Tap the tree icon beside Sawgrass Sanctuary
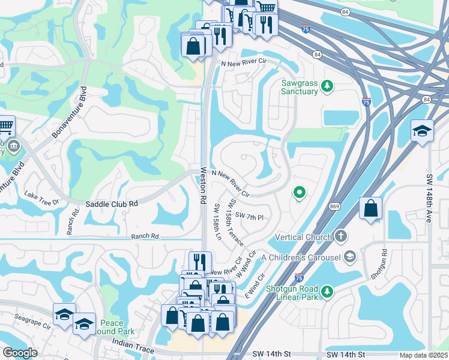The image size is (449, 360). [327, 86]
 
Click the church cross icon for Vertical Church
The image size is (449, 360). [342, 236]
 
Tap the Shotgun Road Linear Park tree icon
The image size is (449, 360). [327, 292]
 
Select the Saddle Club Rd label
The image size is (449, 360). [112, 204]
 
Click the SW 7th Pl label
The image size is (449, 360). [250, 216]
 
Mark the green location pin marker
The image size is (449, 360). [299, 193]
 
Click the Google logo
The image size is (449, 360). [20, 353]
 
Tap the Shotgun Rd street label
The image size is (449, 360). [377, 264]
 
